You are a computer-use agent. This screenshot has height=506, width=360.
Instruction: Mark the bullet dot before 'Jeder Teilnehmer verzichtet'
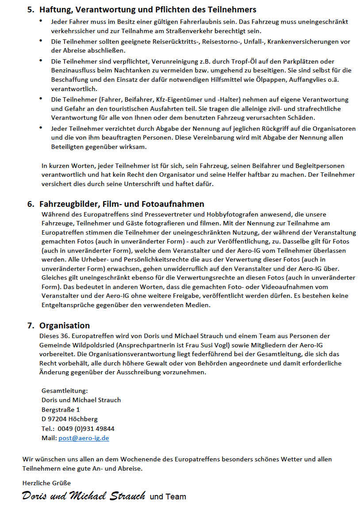[41, 128]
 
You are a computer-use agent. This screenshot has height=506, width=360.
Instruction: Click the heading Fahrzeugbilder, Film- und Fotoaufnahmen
[122, 204]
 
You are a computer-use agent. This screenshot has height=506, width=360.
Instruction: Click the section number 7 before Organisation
[30, 325]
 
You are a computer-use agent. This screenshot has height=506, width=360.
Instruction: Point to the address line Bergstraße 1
[61, 409]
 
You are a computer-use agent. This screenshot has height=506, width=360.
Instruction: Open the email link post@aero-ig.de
[84, 438]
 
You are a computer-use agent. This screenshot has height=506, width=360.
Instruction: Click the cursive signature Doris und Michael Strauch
[84, 495]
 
